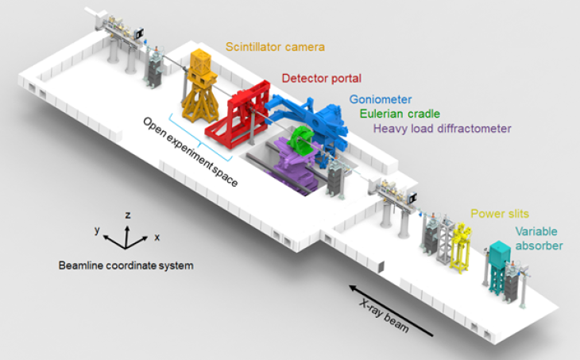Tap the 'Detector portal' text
[322, 79]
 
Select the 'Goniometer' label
[380, 100]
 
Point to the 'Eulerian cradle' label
[399, 114]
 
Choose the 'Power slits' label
[499, 214]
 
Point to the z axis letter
[128, 214]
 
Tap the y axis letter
[95, 230]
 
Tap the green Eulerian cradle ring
[302, 140]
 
